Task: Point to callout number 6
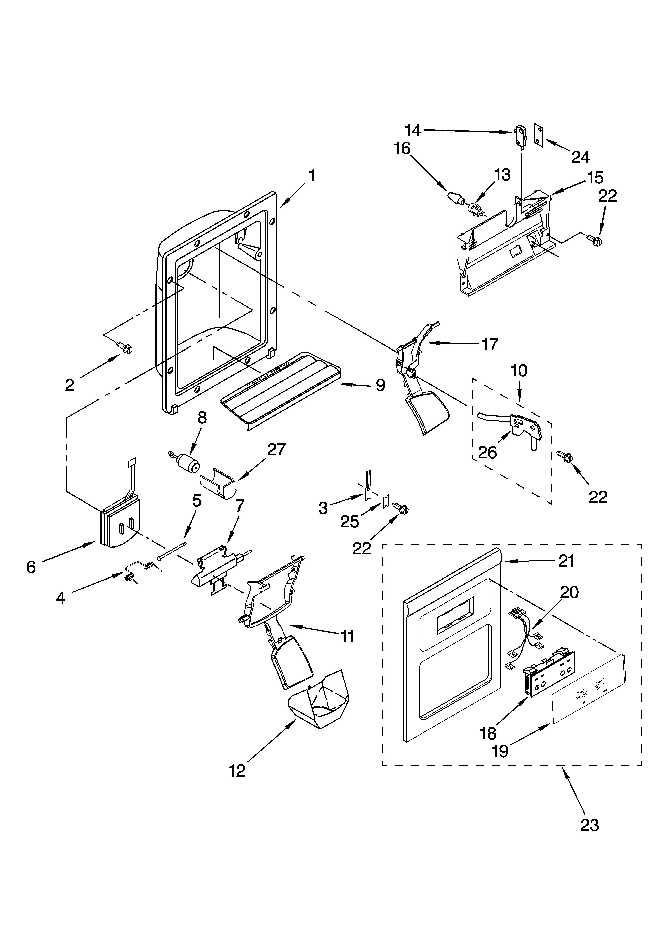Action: (31, 567)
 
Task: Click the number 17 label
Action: (490, 344)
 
